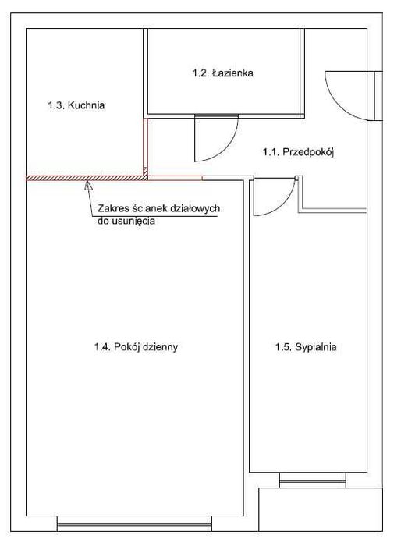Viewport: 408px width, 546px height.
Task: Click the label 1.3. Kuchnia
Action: (x=76, y=105)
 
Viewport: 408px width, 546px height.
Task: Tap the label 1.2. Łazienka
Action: (x=223, y=73)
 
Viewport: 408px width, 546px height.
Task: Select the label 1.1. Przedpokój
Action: (x=298, y=152)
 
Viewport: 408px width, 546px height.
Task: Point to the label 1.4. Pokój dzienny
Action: (x=136, y=347)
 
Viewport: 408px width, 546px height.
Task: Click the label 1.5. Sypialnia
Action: (x=306, y=347)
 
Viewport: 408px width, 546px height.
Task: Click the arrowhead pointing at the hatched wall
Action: (x=88, y=186)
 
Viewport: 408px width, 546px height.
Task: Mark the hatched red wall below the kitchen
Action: (x=85, y=178)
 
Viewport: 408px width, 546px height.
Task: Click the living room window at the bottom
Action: (x=134, y=524)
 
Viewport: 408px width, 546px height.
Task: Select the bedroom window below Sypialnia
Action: (x=313, y=480)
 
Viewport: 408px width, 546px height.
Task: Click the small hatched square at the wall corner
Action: (x=146, y=172)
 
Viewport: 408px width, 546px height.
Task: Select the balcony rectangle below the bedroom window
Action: (x=321, y=509)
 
